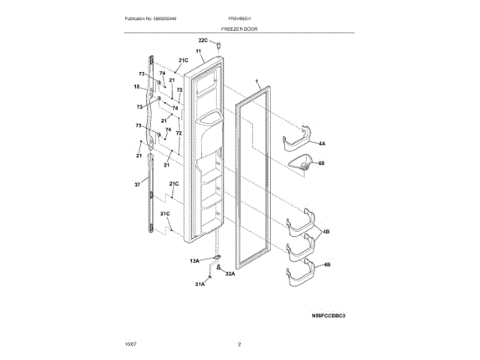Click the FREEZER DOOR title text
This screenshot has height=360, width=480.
tap(239, 27)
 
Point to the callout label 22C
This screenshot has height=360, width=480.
tap(202, 40)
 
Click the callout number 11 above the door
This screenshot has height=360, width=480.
tap(199, 51)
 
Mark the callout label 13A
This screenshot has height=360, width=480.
tap(193, 261)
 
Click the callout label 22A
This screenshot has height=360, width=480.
tap(230, 273)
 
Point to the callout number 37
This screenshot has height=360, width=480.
tap(137, 182)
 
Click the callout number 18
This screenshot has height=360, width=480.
tap(137, 87)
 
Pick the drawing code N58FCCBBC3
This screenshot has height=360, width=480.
tap(328, 316)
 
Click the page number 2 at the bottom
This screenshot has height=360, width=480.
tap(239, 344)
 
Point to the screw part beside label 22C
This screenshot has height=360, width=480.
tap(218, 46)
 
